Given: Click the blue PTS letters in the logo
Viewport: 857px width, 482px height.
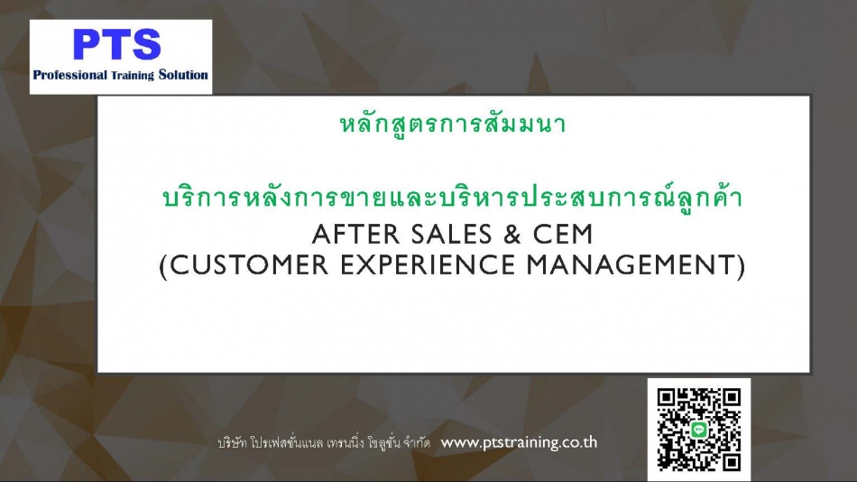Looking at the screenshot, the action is coord(117,44).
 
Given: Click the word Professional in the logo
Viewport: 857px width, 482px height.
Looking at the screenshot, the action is coord(70,75).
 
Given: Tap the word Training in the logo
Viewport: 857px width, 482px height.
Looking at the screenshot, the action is coord(133,76).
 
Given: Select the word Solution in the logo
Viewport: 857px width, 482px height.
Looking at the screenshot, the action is coord(183,75).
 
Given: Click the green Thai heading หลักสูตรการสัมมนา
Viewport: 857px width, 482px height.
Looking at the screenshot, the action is coord(453,124).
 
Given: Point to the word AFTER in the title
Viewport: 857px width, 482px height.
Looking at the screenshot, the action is coord(356,235).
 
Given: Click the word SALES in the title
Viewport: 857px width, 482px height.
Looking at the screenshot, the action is coord(451,235).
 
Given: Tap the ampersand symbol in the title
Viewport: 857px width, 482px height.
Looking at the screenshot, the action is coord(512,235).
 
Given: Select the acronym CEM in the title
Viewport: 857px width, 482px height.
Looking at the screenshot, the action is coord(563,235).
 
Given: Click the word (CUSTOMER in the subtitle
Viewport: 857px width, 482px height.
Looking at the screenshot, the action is coord(244,265).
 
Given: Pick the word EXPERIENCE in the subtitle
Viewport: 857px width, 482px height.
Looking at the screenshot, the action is coord(428,265).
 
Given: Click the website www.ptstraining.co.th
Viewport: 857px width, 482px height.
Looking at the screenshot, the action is coord(519,442).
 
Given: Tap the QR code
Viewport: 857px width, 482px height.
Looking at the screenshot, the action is coord(699,430).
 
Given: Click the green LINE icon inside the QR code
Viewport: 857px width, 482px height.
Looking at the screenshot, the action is coord(699,430).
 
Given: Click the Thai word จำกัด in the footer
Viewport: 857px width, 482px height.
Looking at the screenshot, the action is coord(417,442).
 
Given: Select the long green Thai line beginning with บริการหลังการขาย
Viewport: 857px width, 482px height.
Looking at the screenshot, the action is coord(453,197).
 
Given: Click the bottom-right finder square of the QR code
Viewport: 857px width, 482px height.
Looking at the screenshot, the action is coord(732,461).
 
